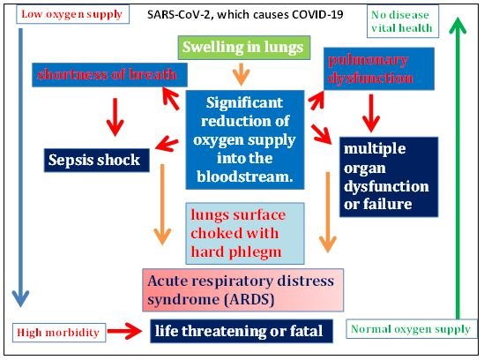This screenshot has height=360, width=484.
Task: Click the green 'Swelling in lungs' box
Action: (x=244, y=48)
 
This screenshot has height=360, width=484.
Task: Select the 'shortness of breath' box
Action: (x=109, y=75)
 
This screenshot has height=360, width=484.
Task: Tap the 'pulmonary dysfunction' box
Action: (x=379, y=69)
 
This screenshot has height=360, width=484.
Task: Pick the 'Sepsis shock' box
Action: (x=97, y=160)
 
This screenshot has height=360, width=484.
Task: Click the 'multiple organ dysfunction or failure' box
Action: (x=389, y=176)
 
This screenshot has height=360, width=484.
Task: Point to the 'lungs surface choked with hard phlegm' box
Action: (x=245, y=233)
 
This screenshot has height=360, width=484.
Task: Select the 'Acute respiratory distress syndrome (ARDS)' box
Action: (x=243, y=290)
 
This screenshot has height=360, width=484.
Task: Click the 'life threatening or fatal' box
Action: (x=242, y=331)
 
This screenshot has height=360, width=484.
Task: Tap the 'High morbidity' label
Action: (x=59, y=333)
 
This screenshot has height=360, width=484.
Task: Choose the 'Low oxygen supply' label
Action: (x=72, y=14)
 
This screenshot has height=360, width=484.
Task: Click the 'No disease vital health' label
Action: (x=403, y=21)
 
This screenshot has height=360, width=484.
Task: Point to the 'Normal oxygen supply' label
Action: (x=411, y=329)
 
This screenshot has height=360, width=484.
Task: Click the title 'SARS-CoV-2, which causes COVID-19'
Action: (x=245, y=14)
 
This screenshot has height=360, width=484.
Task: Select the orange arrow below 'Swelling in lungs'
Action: (x=241, y=74)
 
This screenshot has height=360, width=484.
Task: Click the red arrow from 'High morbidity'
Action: (x=124, y=331)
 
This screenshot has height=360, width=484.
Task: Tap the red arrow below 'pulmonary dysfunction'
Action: (x=371, y=114)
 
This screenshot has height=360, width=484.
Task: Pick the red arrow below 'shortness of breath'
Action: (x=115, y=117)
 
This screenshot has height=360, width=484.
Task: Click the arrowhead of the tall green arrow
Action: (x=458, y=25)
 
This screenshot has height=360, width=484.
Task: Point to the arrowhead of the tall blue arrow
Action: (x=20, y=298)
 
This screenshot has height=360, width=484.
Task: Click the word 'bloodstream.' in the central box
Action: (x=245, y=177)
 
